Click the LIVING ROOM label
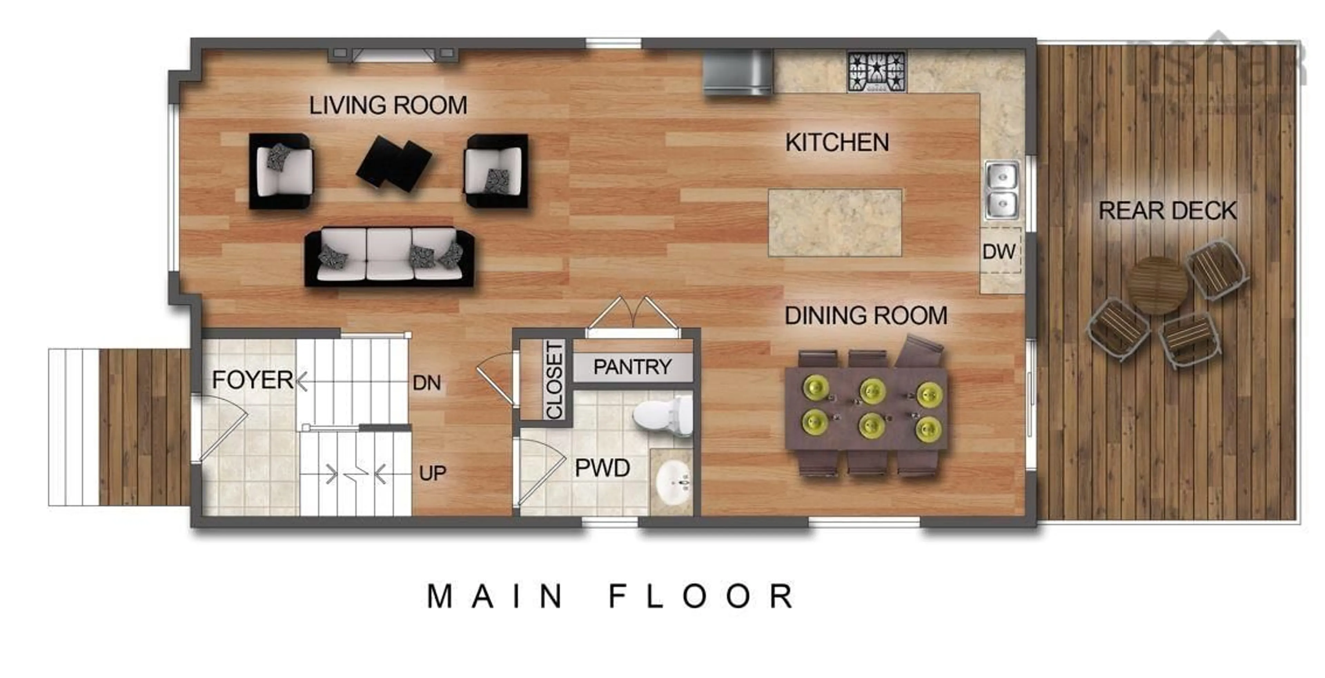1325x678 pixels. pos(388,105)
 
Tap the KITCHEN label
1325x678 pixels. pos(837,143)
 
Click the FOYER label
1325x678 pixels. pos(252,380)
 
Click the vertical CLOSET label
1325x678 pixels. pos(554,381)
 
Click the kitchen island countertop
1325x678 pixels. pos(834,222)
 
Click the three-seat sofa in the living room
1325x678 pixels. pos(389,257)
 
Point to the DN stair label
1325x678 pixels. pos(426,383)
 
